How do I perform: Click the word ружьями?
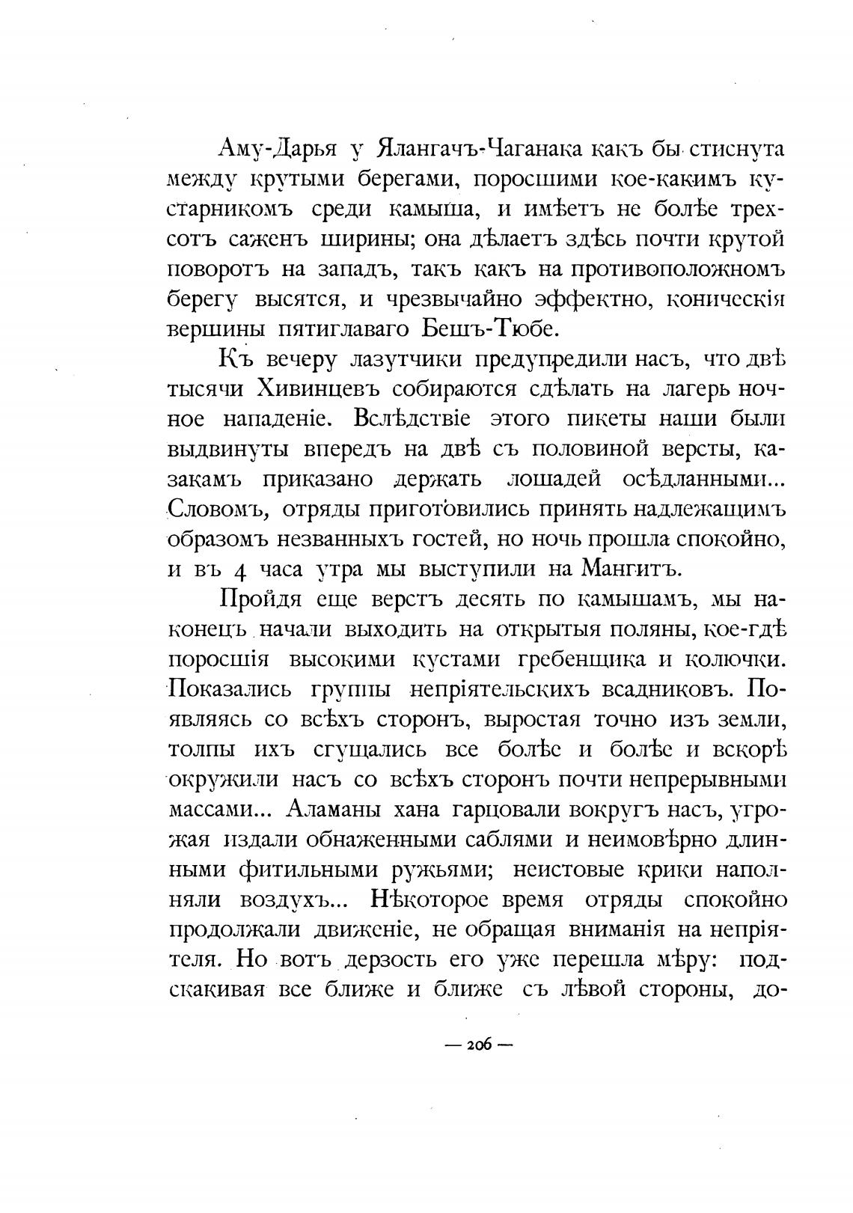coord(438,870)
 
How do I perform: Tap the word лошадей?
coord(553,479)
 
